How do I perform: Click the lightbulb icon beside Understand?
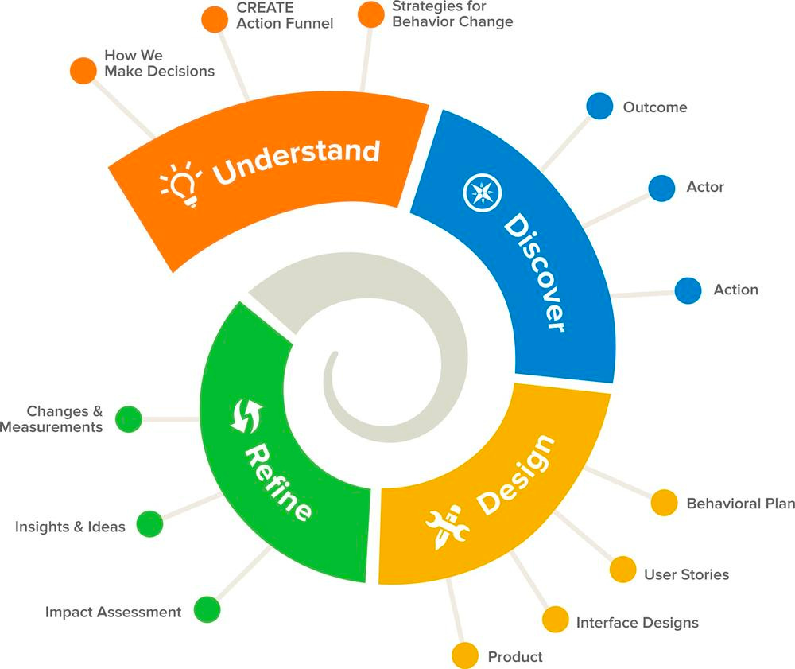coord(180,184)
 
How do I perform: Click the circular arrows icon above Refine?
coord(246,415)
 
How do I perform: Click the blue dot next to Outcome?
coord(599,107)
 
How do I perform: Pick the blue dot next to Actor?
coord(661,188)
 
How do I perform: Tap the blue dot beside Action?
coord(688,290)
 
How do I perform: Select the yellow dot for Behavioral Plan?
coord(664,503)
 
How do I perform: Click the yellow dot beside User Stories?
coord(622,570)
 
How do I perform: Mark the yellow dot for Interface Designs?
coord(555,619)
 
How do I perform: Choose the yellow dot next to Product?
coord(464,655)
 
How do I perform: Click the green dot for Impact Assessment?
coord(207,609)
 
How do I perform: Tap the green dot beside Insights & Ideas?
coord(149,523)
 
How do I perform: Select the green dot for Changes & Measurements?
coord(128,418)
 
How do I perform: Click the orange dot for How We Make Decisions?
coord(83,70)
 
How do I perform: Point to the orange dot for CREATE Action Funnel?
coord(214,19)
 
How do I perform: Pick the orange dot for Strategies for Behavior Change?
coord(370,14)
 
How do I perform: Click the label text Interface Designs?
coord(637,622)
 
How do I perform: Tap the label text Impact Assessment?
coord(113,612)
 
